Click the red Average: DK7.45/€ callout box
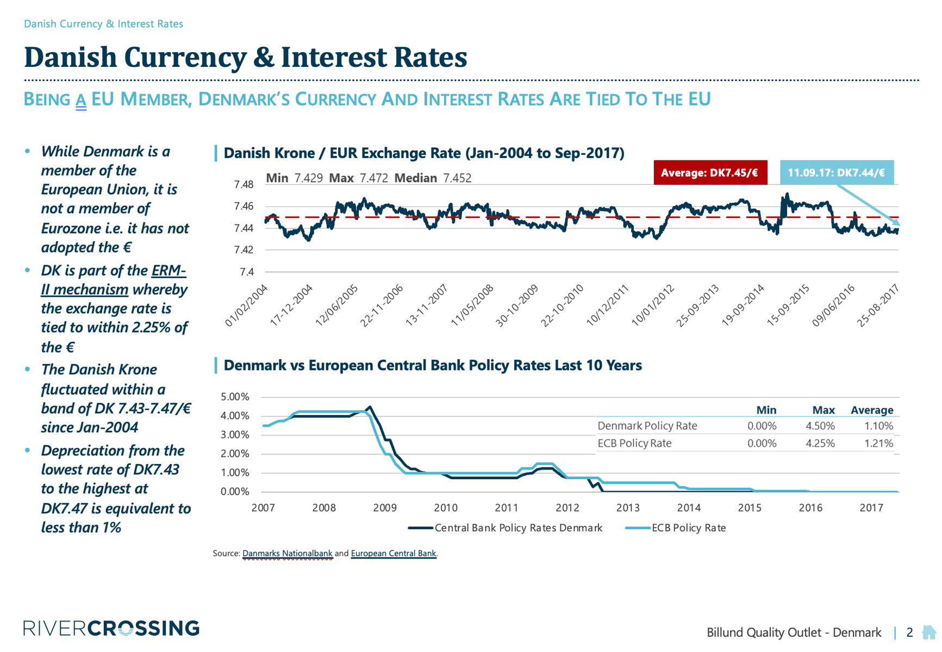pos(710,173)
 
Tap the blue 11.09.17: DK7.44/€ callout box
pos(837,173)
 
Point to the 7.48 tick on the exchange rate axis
pos(244,185)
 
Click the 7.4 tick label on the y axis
pos(247,272)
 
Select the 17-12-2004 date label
pos(292,305)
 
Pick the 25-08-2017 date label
pos(878,305)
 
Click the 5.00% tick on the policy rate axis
pos(235,397)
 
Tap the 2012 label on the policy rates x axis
pos(567,508)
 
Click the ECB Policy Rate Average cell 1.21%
pos(878,443)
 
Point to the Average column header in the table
pos(872,410)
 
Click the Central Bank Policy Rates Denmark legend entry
pos(506,528)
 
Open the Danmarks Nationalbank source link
pos(287,554)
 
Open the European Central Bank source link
pos(394,554)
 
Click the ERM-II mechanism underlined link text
pos(85,289)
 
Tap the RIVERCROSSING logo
pos(111,629)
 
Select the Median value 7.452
pos(457,178)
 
